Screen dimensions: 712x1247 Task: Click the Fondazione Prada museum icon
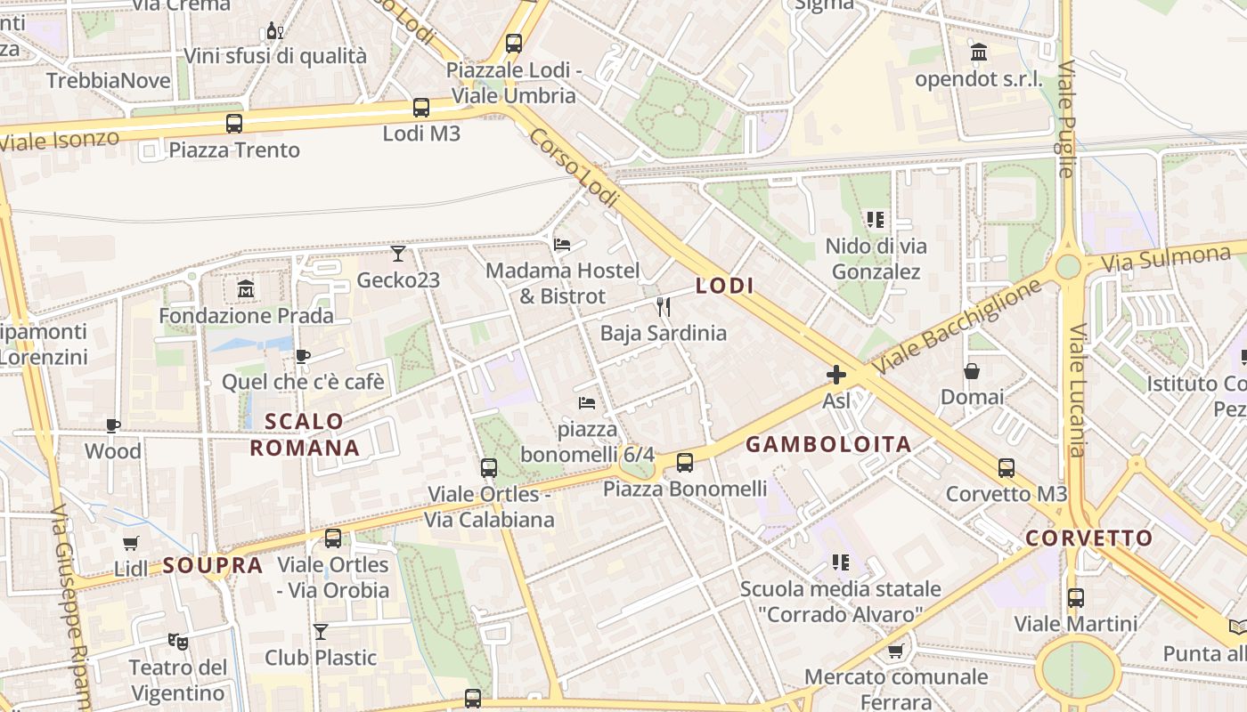tap(246, 289)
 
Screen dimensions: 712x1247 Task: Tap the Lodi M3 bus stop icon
tap(421, 108)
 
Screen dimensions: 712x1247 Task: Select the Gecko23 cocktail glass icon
tap(398, 254)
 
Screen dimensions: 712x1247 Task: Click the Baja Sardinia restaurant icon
tap(663, 307)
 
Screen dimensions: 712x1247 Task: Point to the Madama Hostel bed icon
tap(562, 244)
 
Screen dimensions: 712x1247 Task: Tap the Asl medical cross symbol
tap(835, 375)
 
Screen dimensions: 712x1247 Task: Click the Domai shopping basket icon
tap(972, 370)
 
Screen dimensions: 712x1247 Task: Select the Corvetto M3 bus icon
tap(1007, 467)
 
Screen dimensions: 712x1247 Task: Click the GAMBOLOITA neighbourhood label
tap(828, 445)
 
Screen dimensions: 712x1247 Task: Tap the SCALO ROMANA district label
tap(305, 434)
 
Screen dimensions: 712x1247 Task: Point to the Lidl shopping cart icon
tap(131, 543)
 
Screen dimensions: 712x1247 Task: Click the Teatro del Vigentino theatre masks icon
tap(178, 641)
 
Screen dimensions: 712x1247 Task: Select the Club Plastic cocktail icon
tap(321, 632)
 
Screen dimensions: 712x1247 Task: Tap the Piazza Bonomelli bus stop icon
tap(684, 462)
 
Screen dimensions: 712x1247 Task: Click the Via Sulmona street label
tap(1166, 259)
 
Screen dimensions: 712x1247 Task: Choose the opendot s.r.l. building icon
tap(979, 53)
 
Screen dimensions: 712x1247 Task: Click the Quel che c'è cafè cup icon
tap(303, 356)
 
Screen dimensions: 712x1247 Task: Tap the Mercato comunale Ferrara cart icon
tap(895, 651)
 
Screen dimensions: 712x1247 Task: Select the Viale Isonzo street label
tap(60, 140)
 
